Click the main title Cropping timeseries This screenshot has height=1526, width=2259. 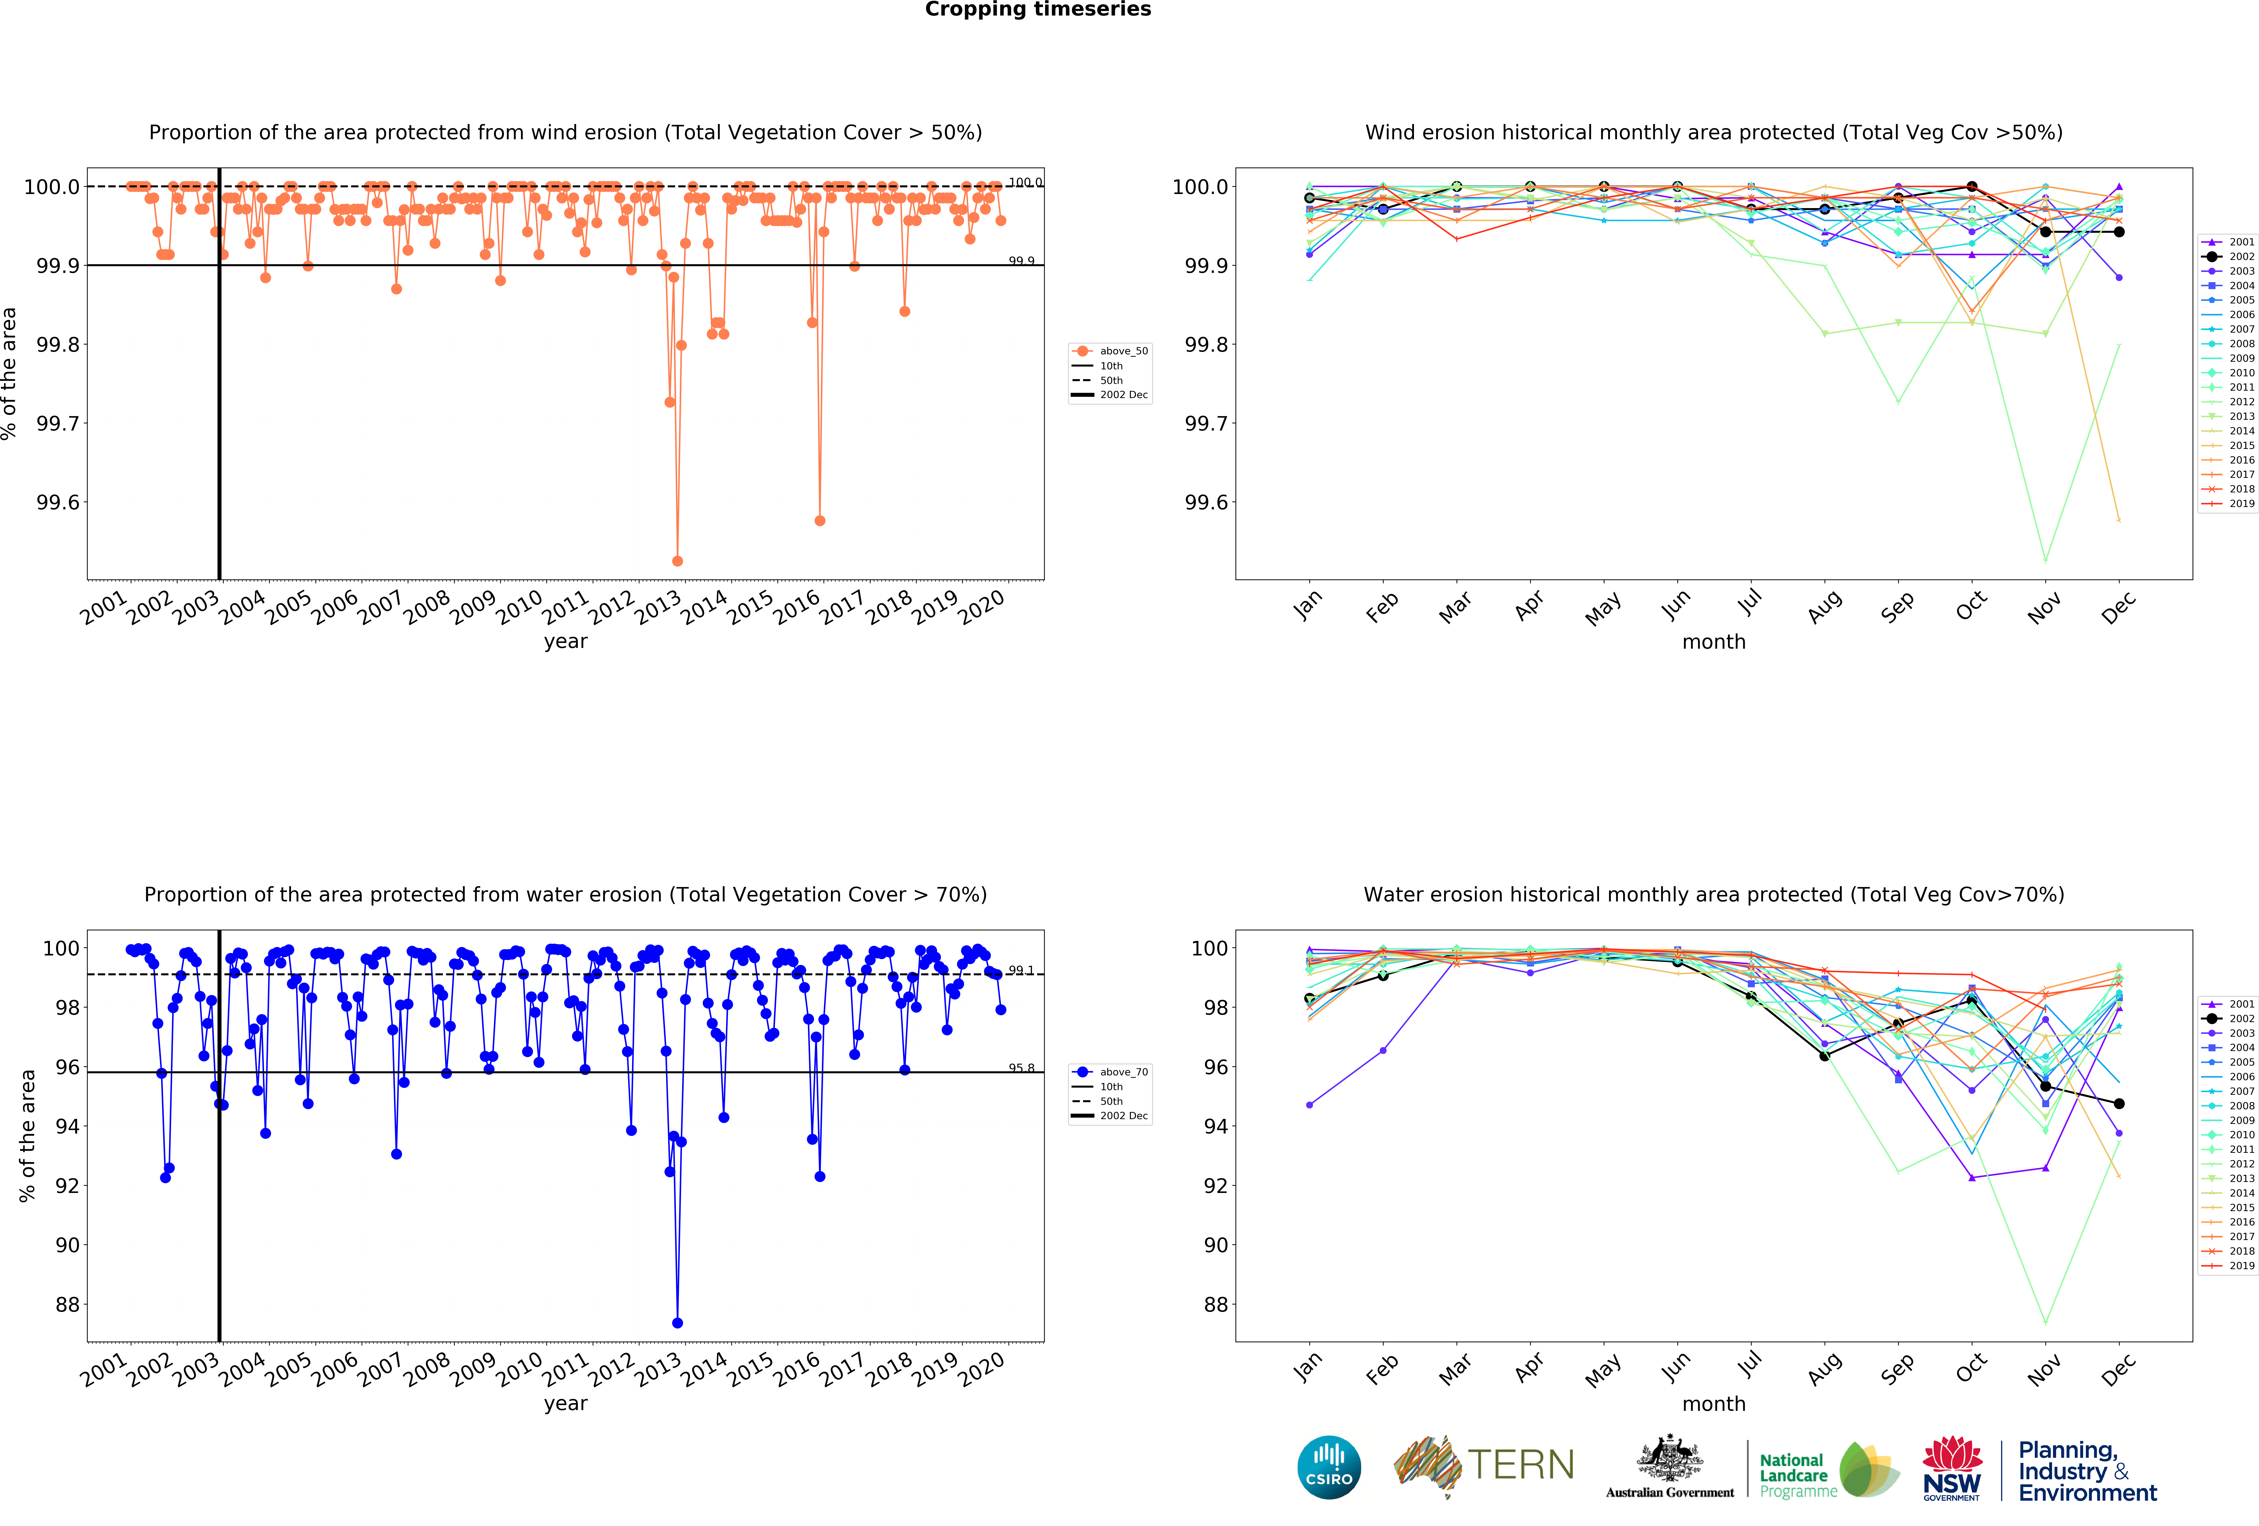pyautogui.click(x=1037, y=10)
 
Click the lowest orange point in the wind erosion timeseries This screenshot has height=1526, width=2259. pyautogui.click(x=677, y=561)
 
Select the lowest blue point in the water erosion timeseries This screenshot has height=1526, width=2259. pyautogui.click(x=677, y=1323)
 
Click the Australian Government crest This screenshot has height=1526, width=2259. pyautogui.click(x=1669, y=1458)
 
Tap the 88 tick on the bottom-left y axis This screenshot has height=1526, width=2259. pyautogui.click(x=67, y=1304)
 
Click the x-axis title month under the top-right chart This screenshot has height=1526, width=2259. pyautogui.click(x=1714, y=642)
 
